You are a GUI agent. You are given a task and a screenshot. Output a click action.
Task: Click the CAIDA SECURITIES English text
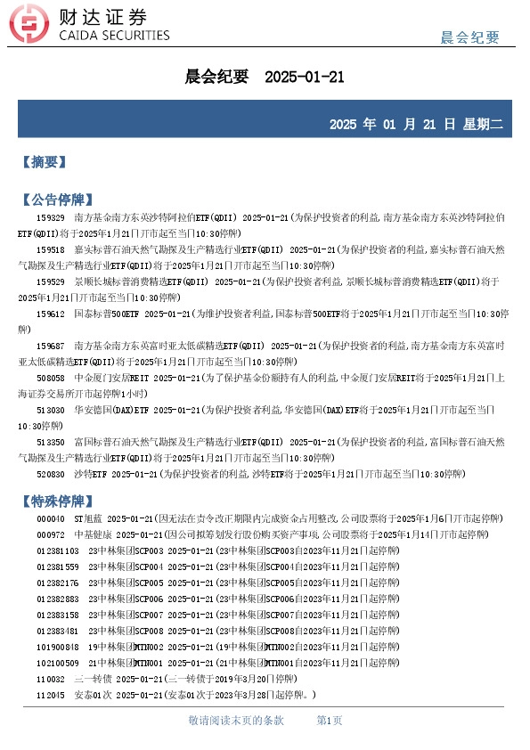click(113, 36)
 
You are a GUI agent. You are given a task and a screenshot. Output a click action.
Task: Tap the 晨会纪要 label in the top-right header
click(469, 37)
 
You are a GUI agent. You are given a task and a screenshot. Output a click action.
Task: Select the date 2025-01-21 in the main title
click(305, 77)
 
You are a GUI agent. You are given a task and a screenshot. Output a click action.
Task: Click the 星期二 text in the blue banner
click(482, 124)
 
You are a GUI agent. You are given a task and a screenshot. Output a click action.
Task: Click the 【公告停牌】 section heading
click(56, 199)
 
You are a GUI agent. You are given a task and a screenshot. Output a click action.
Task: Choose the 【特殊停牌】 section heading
click(56, 501)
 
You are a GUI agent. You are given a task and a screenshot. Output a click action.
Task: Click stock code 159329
click(50, 217)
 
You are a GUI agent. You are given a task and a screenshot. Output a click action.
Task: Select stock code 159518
click(50, 250)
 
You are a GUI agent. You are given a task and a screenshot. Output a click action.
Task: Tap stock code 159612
click(50, 314)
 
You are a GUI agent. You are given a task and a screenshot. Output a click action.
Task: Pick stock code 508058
click(50, 378)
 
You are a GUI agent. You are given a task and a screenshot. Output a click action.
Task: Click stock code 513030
click(50, 410)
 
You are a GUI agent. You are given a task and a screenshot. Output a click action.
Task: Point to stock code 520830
click(50, 474)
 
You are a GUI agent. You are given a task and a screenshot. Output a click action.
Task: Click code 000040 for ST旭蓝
click(50, 518)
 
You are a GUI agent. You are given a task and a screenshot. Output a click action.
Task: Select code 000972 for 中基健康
click(50, 534)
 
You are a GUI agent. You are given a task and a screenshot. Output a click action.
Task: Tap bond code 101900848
click(56, 647)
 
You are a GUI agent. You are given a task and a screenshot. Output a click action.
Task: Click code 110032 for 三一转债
click(50, 679)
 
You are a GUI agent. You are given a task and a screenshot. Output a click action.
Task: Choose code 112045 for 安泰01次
click(50, 695)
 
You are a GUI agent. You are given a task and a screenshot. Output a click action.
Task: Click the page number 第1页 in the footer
click(330, 720)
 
